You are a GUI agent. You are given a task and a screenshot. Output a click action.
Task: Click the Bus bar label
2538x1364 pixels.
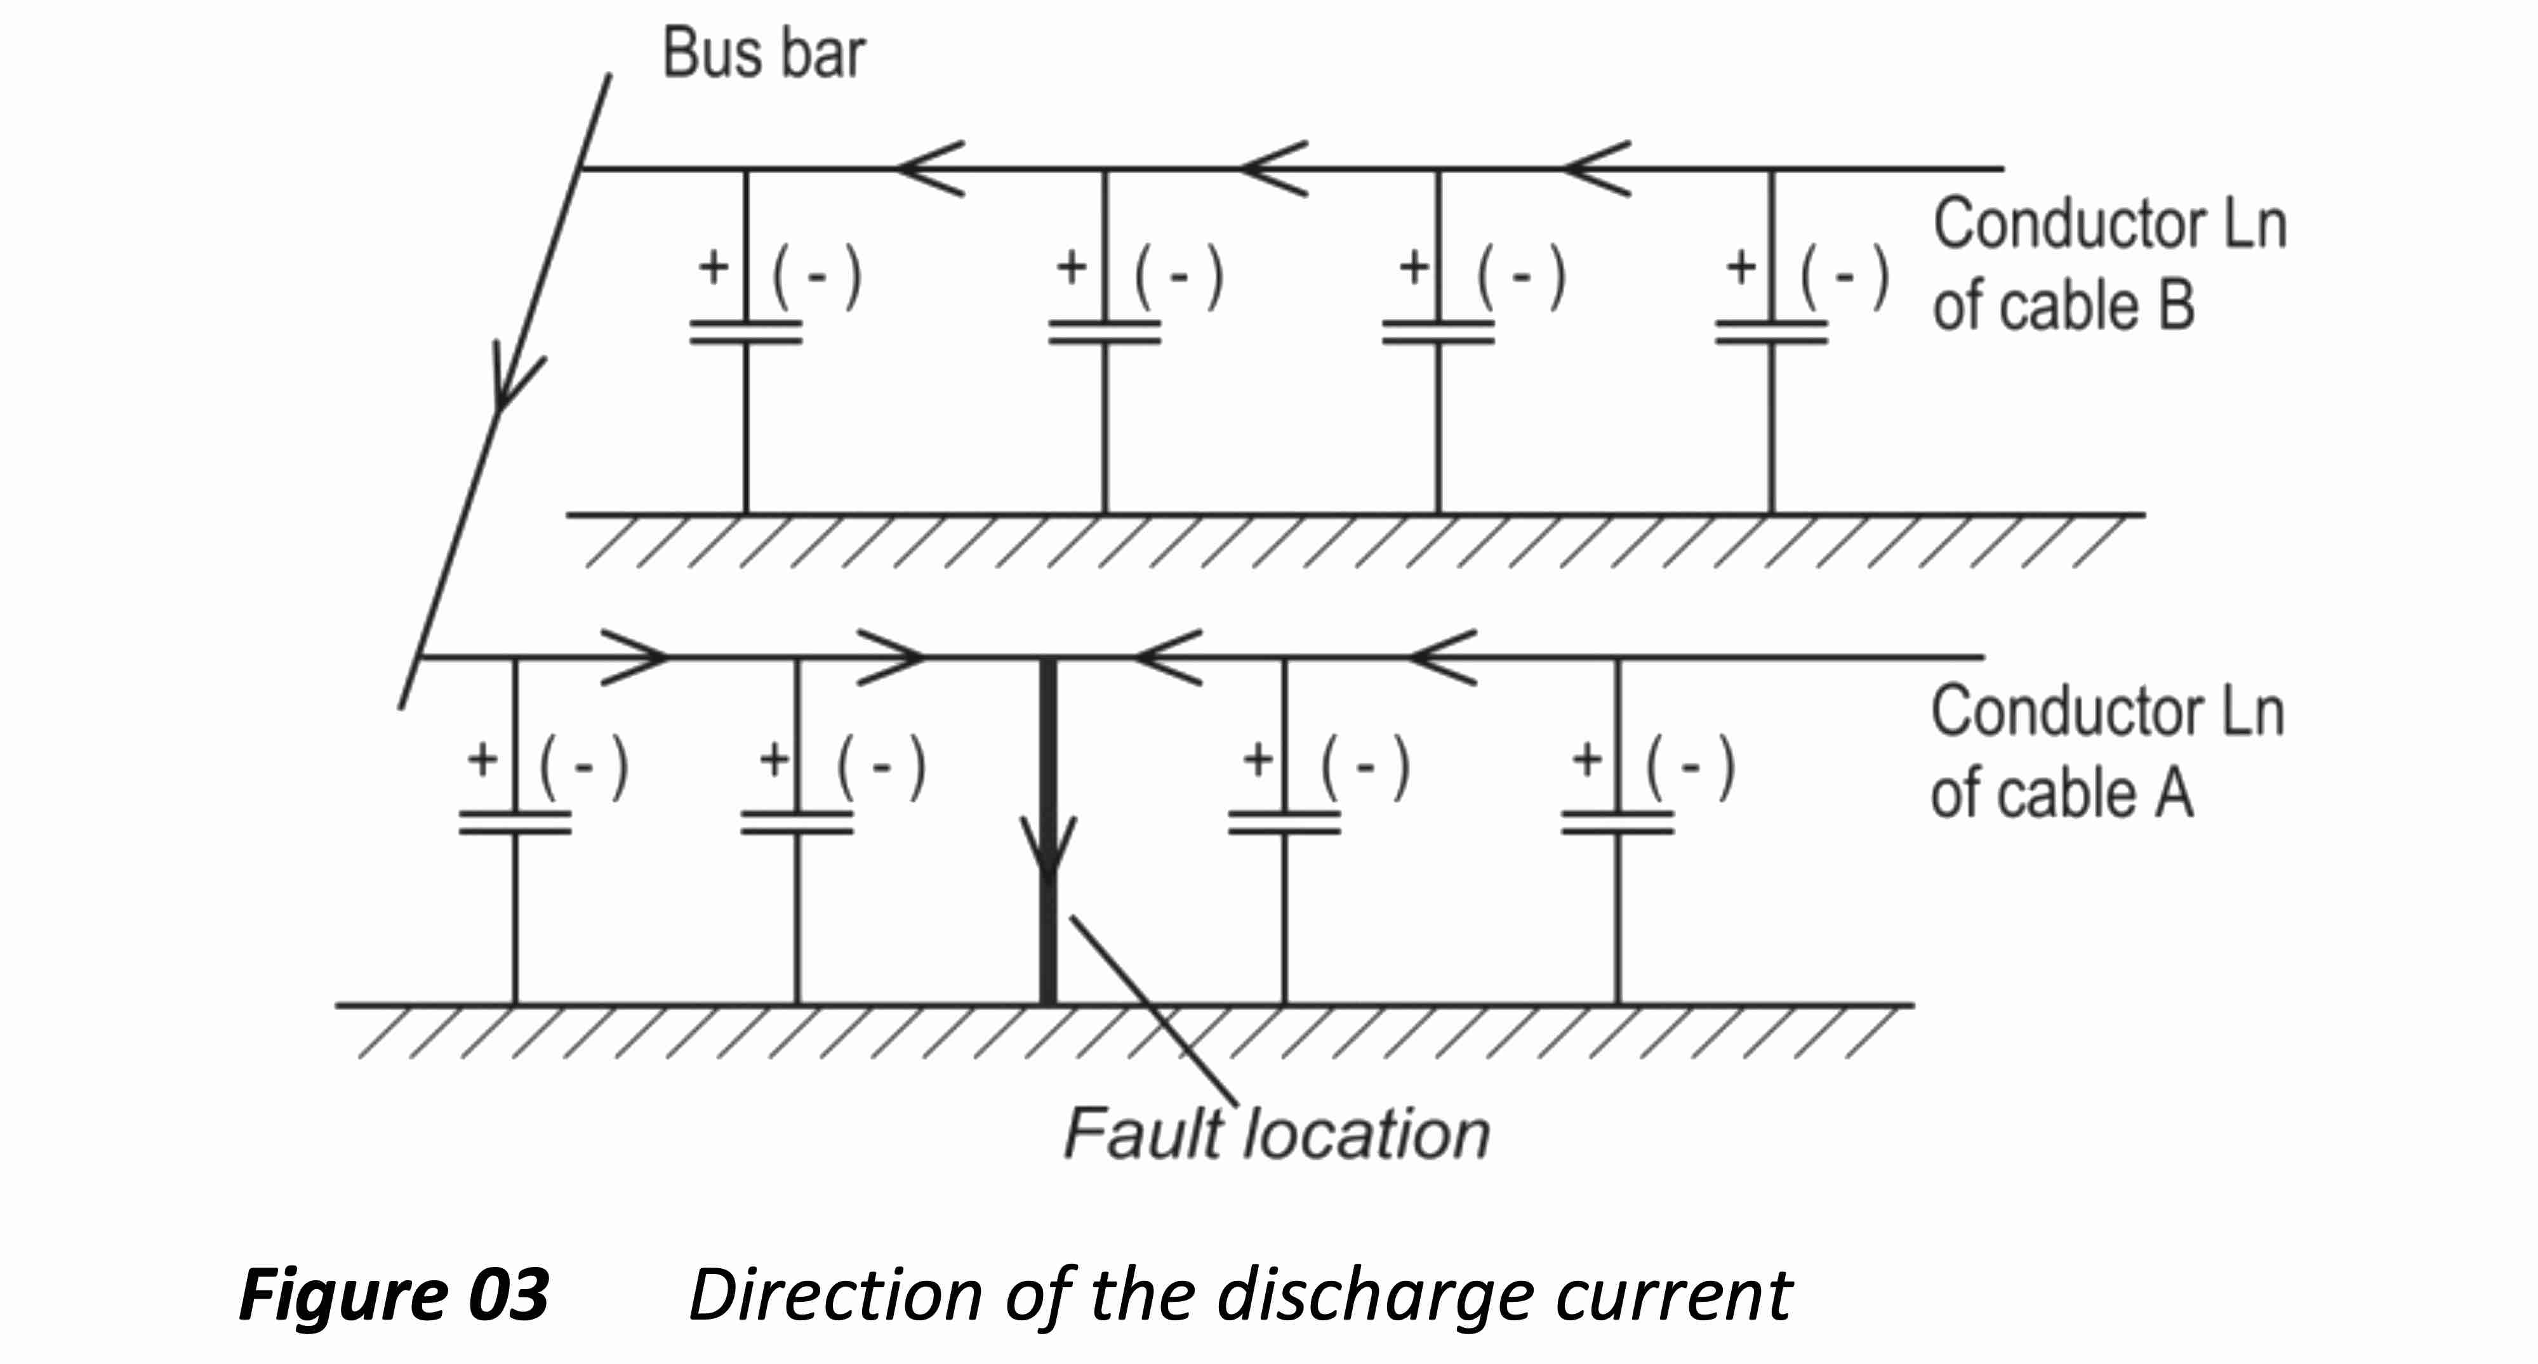coord(764,53)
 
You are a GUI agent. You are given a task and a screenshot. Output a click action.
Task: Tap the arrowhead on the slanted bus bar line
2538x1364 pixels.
coord(512,379)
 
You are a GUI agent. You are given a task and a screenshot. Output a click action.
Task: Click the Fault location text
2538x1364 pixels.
coord(1276,1134)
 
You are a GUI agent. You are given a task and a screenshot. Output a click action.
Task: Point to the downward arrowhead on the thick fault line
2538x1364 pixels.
coord(1048,847)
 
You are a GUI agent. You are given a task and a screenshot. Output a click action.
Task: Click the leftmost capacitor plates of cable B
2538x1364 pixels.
coord(746,332)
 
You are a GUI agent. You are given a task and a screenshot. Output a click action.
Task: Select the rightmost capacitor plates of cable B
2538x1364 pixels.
coord(1772,332)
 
